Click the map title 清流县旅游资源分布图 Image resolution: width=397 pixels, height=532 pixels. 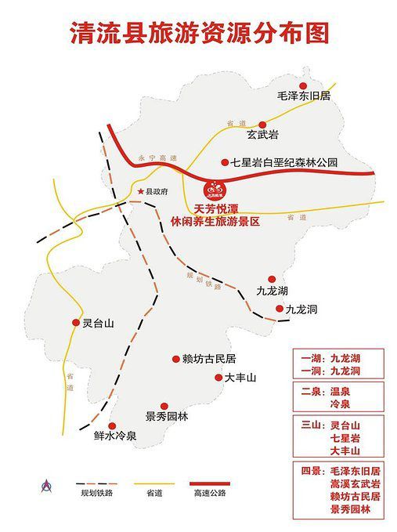coord(199,32)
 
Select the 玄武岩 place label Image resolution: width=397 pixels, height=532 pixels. coord(262,135)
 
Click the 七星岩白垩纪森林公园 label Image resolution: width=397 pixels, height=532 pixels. coord(283,162)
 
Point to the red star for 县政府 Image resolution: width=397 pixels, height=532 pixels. coord(141,191)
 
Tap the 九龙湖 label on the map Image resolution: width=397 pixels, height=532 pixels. coord(272,292)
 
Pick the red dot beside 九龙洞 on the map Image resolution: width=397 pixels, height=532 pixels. coord(280,309)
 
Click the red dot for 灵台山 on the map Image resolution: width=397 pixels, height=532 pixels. coord(75,321)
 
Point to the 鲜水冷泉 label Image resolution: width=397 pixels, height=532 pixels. coord(115,436)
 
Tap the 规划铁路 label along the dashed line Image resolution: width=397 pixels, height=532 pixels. coord(199,282)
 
